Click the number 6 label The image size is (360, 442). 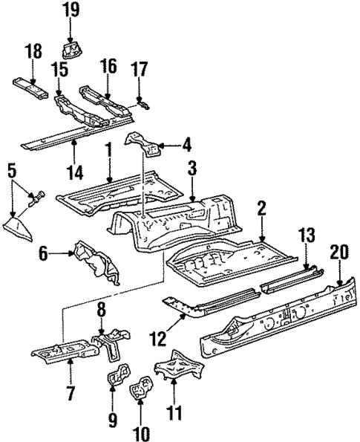click(44, 254)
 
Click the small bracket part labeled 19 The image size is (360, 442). click(73, 51)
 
